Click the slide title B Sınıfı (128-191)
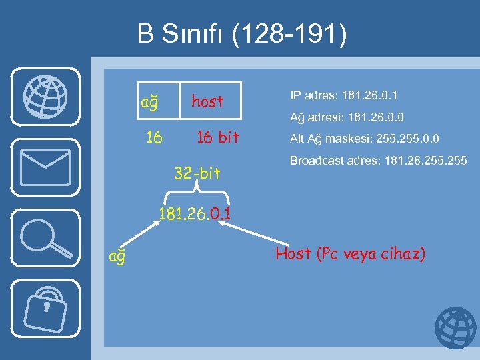(x=242, y=34)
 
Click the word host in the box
(x=207, y=101)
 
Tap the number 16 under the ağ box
(x=154, y=137)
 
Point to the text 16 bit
(x=217, y=137)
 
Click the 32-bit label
(x=197, y=174)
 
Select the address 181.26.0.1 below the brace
(x=195, y=215)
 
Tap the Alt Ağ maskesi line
(x=364, y=139)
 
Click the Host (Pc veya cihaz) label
(x=350, y=253)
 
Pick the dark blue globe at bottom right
(x=455, y=329)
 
